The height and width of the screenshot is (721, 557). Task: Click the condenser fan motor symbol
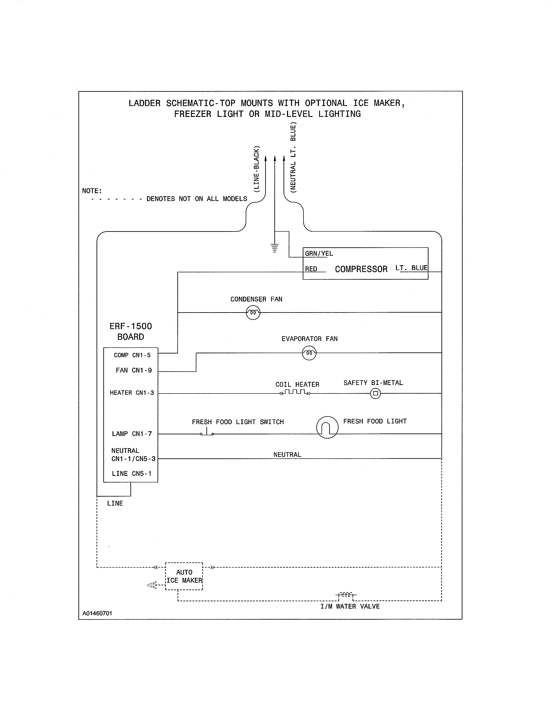point(253,312)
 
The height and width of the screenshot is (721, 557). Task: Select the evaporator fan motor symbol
point(309,353)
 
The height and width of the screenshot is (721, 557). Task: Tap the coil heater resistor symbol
point(295,392)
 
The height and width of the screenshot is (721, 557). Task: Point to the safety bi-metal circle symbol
point(375,393)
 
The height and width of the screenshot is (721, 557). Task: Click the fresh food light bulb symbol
point(327,427)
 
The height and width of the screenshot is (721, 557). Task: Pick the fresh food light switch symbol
point(207,432)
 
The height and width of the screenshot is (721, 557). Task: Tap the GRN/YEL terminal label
point(319,253)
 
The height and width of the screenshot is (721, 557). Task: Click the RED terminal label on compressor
point(311,269)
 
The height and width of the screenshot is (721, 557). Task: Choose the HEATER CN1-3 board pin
point(132,393)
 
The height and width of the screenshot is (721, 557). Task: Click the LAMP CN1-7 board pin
point(132,434)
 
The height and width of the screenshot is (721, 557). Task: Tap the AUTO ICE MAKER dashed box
point(184,576)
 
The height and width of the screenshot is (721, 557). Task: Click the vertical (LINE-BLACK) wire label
point(256,169)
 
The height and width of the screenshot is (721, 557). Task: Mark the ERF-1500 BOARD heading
point(131,331)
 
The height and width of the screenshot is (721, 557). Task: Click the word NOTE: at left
point(92,191)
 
